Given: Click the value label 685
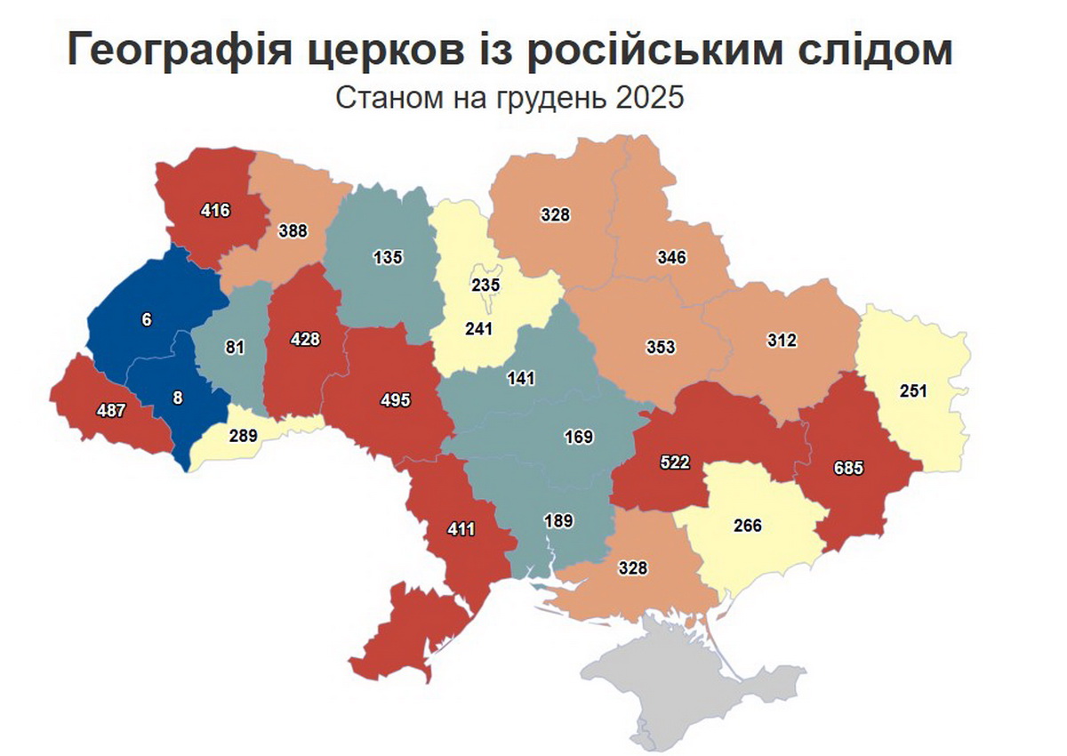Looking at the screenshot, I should click(x=848, y=468).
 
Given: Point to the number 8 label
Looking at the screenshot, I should click(x=178, y=398).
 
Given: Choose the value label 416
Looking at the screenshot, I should click(x=215, y=211).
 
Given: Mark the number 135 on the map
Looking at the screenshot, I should click(x=389, y=258).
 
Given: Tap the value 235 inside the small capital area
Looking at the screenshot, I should click(x=486, y=286).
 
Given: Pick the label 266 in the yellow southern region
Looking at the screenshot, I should click(x=748, y=525).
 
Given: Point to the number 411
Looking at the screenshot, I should click(x=461, y=529).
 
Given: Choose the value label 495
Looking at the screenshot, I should click(x=395, y=400).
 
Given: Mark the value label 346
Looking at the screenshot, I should click(x=672, y=258).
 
